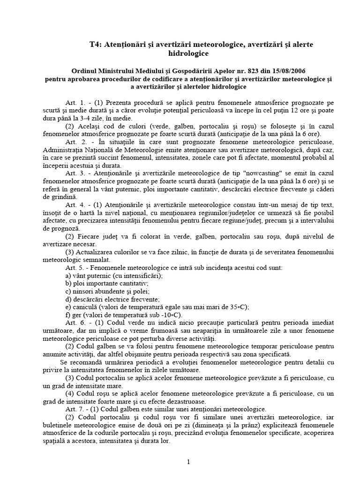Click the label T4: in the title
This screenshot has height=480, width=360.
(96, 44)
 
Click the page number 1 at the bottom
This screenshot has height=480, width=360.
(188, 462)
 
